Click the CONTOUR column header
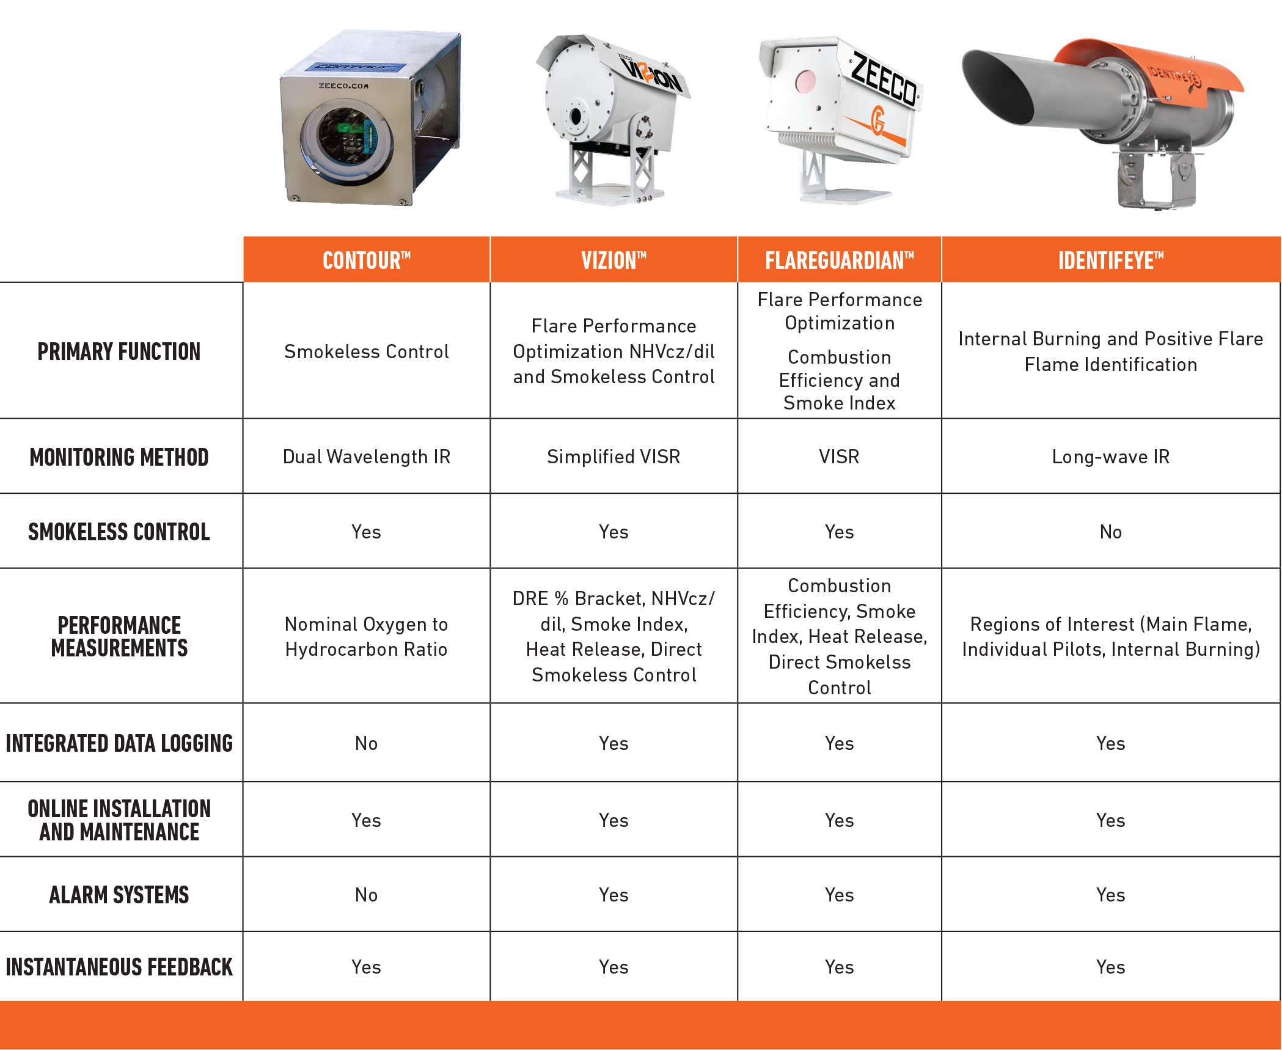click(x=366, y=260)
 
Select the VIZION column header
click(x=614, y=260)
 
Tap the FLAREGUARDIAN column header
click(x=839, y=260)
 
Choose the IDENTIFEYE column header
click(x=1110, y=260)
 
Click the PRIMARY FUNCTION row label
click(x=119, y=351)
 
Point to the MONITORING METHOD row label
click(x=119, y=457)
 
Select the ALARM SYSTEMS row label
click(x=119, y=895)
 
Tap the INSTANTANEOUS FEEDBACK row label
click(x=119, y=967)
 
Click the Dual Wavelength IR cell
click(x=366, y=457)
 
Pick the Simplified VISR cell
click(x=614, y=457)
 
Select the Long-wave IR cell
click(x=1110, y=457)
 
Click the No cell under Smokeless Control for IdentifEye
click(x=1110, y=532)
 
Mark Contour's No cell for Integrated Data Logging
click(x=366, y=743)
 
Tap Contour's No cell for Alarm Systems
click(x=366, y=895)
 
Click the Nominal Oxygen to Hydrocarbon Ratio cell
click(x=366, y=636)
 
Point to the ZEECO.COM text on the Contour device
click(x=343, y=86)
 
